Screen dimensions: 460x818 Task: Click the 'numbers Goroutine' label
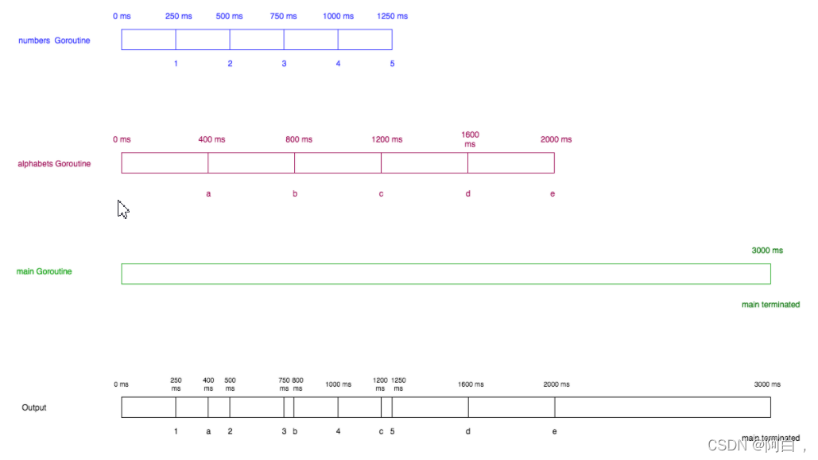tap(54, 41)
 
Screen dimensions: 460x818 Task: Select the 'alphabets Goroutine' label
tap(54, 164)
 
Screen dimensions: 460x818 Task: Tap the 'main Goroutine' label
tap(44, 271)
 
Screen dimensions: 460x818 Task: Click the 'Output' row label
tap(34, 407)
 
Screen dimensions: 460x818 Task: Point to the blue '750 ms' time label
tap(284, 16)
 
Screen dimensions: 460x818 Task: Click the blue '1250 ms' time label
tap(392, 16)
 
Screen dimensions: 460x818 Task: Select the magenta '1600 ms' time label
tap(470, 139)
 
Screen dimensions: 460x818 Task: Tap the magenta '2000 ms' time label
tap(556, 139)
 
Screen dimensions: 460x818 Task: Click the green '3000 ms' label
tap(767, 251)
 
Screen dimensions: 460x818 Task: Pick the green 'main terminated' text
tap(770, 305)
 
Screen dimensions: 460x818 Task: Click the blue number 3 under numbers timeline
tap(284, 64)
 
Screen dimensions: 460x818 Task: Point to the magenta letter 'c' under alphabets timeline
tap(381, 194)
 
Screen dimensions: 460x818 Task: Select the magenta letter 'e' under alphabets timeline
tap(552, 194)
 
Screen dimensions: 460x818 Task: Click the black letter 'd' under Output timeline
tap(468, 431)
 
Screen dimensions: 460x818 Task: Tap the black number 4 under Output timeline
tap(338, 431)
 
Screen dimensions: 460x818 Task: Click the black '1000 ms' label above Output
tap(338, 384)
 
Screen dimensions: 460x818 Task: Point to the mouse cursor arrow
tap(122, 209)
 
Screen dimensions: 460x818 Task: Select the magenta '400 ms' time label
tap(211, 139)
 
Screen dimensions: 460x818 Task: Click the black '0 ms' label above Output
tap(121, 384)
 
